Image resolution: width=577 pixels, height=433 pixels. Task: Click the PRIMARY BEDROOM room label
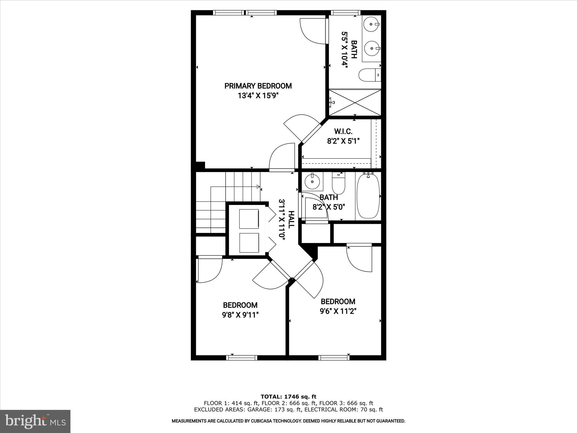(258, 86)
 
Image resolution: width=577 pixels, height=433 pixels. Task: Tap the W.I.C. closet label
(343, 131)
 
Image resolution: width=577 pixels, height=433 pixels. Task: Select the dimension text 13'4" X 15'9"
(258, 96)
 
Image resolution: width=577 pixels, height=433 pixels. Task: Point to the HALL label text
(291, 220)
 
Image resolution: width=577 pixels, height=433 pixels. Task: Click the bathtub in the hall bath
(368, 196)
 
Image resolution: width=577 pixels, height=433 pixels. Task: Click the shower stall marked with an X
(355, 102)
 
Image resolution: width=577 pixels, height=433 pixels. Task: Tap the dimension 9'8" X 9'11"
(240, 315)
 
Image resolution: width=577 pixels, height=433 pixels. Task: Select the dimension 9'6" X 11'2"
(338, 311)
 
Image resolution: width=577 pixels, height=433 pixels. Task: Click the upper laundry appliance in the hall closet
(249, 219)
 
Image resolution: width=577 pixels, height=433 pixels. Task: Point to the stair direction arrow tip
(259, 186)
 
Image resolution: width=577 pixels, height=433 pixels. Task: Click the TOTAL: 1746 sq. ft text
(288, 397)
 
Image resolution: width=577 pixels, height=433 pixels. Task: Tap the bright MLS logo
(35, 421)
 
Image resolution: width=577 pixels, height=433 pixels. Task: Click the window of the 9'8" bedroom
(242, 358)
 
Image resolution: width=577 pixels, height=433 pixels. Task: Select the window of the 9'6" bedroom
(334, 358)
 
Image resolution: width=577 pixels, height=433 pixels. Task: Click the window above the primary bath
(345, 12)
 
